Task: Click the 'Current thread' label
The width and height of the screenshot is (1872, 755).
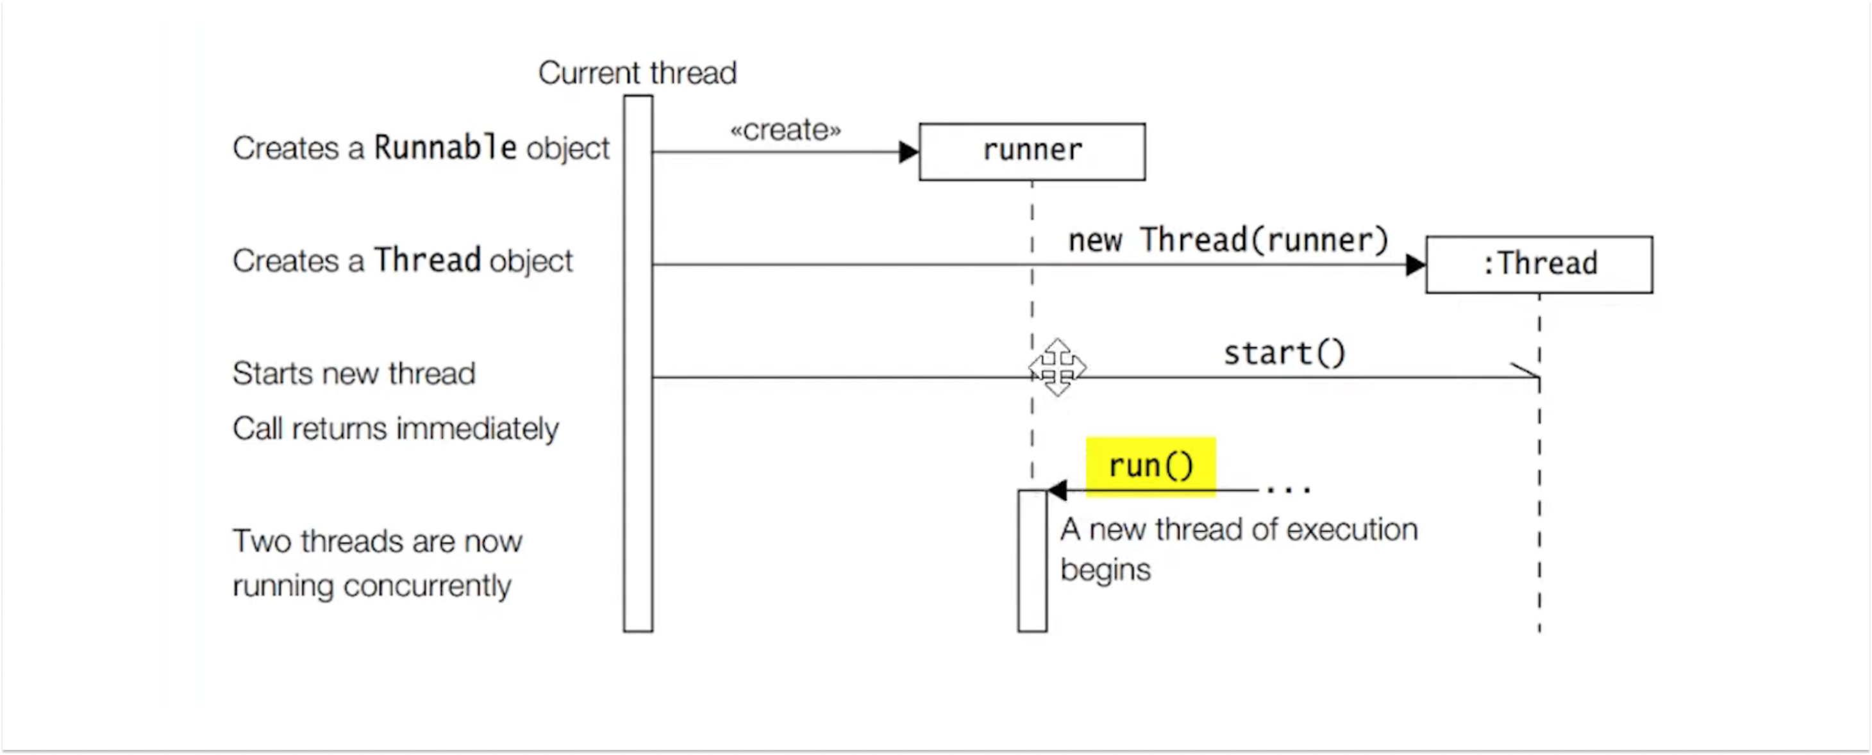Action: click(637, 72)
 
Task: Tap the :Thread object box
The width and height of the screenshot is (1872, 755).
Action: click(1539, 264)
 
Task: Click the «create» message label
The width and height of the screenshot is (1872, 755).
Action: click(785, 130)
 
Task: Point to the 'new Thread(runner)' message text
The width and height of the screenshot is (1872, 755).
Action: click(1228, 240)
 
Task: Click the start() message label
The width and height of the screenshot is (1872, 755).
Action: click(1284, 353)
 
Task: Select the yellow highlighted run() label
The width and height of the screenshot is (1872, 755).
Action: click(1150, 466)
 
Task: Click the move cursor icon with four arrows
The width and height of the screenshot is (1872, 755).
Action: click(1057, 368)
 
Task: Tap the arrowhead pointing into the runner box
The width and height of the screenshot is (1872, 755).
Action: click(908, 152)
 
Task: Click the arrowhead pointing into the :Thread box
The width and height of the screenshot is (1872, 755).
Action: click(1415, 265)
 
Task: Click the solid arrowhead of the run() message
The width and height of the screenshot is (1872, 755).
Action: click(1057, 490)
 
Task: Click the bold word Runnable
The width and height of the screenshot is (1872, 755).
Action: click(445, 147)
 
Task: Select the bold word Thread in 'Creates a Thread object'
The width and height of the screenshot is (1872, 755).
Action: click(428, 260)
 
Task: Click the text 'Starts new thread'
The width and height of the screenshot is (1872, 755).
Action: click(354, 374)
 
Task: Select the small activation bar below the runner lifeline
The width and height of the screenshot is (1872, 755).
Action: click(1032, 561)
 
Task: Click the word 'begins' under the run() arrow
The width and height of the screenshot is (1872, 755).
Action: click(1105, 570)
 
